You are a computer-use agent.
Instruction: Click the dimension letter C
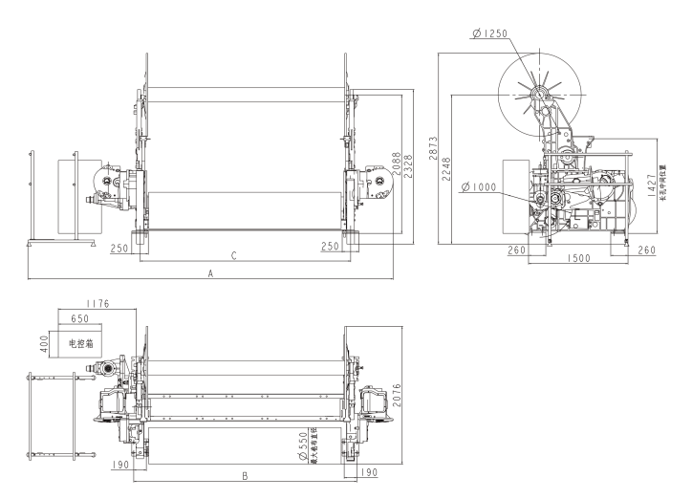[x=233, y=256]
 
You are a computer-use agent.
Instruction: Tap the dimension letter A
[x=210, y=273]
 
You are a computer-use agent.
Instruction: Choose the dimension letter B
[x=246, y=474]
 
